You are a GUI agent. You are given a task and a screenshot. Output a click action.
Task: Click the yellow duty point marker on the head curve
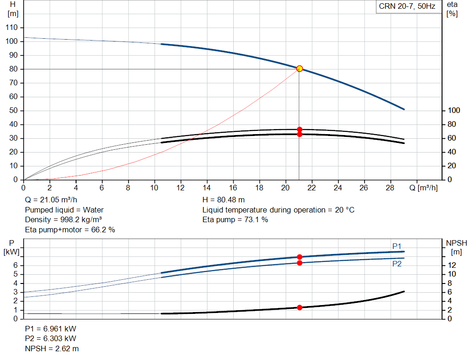coord(300,69)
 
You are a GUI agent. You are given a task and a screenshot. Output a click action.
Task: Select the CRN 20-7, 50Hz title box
coord(407,6)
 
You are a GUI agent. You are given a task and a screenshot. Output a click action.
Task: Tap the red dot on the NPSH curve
coord(300,307)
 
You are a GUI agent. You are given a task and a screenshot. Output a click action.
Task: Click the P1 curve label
coord(397,246)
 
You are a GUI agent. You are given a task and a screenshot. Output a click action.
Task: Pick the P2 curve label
coord(397,264)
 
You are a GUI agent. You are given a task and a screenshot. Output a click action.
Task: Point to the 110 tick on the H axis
coord(12,27)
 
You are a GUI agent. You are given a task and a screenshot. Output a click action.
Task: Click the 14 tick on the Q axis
coord(206,188)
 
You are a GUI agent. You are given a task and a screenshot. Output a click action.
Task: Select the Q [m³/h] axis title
coord(423,188)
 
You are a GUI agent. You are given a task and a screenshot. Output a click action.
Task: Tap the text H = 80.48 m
coord(224,200)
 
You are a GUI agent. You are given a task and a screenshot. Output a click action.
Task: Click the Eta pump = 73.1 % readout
coord(235,220)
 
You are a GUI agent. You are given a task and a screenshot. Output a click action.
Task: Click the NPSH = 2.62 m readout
coord(52,348)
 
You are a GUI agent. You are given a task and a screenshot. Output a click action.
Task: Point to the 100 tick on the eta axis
coord(454,111)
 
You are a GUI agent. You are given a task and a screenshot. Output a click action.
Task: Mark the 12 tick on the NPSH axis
coord(452,265)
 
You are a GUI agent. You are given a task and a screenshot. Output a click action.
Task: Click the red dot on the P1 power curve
coord(300,257)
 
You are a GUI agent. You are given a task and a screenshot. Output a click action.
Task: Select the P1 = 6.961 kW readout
coord(51,329)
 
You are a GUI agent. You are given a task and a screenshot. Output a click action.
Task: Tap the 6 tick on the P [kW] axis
coord(15,265)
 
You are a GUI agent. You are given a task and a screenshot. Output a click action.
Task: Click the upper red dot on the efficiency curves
coord(300,130)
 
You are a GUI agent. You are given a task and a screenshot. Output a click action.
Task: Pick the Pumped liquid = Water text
coord(64,210)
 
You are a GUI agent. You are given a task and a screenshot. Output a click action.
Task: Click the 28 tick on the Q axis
coord(390,188)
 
